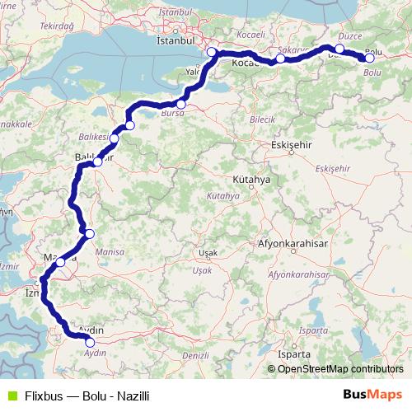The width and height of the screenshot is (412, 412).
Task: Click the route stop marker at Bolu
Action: pyautogui.click(x=370, y=58)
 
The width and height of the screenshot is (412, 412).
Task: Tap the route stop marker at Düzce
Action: pyautogui.click(x=339, y=49)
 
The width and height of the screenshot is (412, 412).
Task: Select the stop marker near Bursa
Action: pyautogui.click(x=181, y=105)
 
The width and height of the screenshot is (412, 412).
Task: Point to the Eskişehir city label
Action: pyautogui.click(x=288, y=144)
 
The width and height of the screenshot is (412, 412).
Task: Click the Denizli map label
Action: pyautogui.click(x=194, y=355)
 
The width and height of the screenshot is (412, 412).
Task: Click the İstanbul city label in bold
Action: pyautogui.click(x=174, y=40)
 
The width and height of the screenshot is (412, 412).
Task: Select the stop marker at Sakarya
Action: pyautogui.click(x=281, y=59)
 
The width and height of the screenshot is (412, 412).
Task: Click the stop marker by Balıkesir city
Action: pyautogui.click(x=97, y=162)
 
